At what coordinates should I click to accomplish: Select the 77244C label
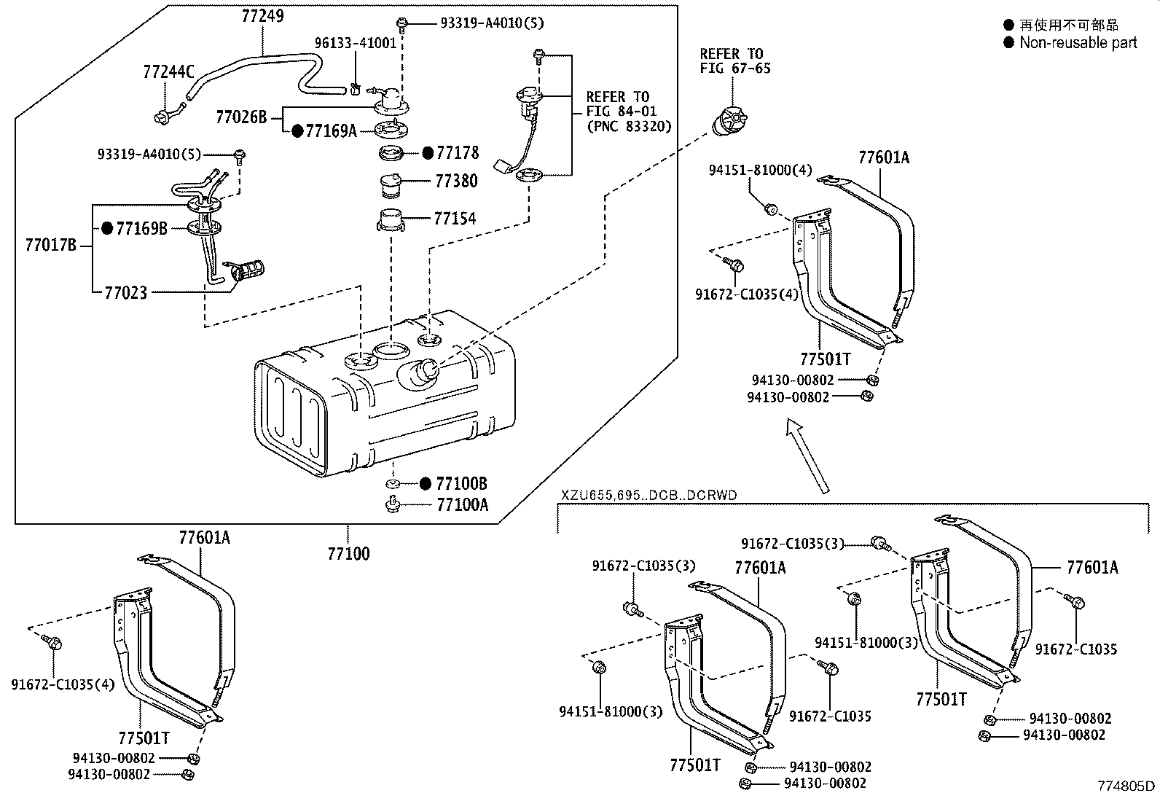pyautogui.click(x=168, y=71)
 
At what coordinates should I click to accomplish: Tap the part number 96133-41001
pyautogui.click(x=355, y=43)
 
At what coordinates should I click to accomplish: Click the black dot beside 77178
pyautogui.click(x=428, y=153)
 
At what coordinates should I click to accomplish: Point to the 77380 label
pyautogui.click(x=456, y=181)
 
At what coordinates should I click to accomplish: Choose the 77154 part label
pyautogui.click(x=455, y=218)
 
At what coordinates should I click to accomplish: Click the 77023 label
pyautogui.click(x=126, y=292)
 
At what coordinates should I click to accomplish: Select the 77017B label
pyautogui.click(x=50, y=246)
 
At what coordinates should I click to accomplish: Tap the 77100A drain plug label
pyautogui.click(x=462, y=504)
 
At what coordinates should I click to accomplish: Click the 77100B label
pyautogui.click(x=462, y=483)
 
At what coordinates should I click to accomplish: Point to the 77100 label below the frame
pyautogui.click(x=348, y=554)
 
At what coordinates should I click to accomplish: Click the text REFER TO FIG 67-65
pyautogui.click(x=734, y=61)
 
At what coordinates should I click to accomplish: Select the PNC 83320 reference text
pyautogui.click(x=628, y=126)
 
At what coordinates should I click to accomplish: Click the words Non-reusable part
pyautogui.click(x=1078, y=42)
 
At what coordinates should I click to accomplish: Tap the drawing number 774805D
pyautogui.click(x=1126, y=786)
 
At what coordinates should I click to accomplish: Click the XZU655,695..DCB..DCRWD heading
pyautogui.click(x=648, y=496)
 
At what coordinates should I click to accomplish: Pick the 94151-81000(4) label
pyautogui.click(x=760, y=170)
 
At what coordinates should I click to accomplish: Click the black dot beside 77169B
pyautogui.click(x=107, y=229)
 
